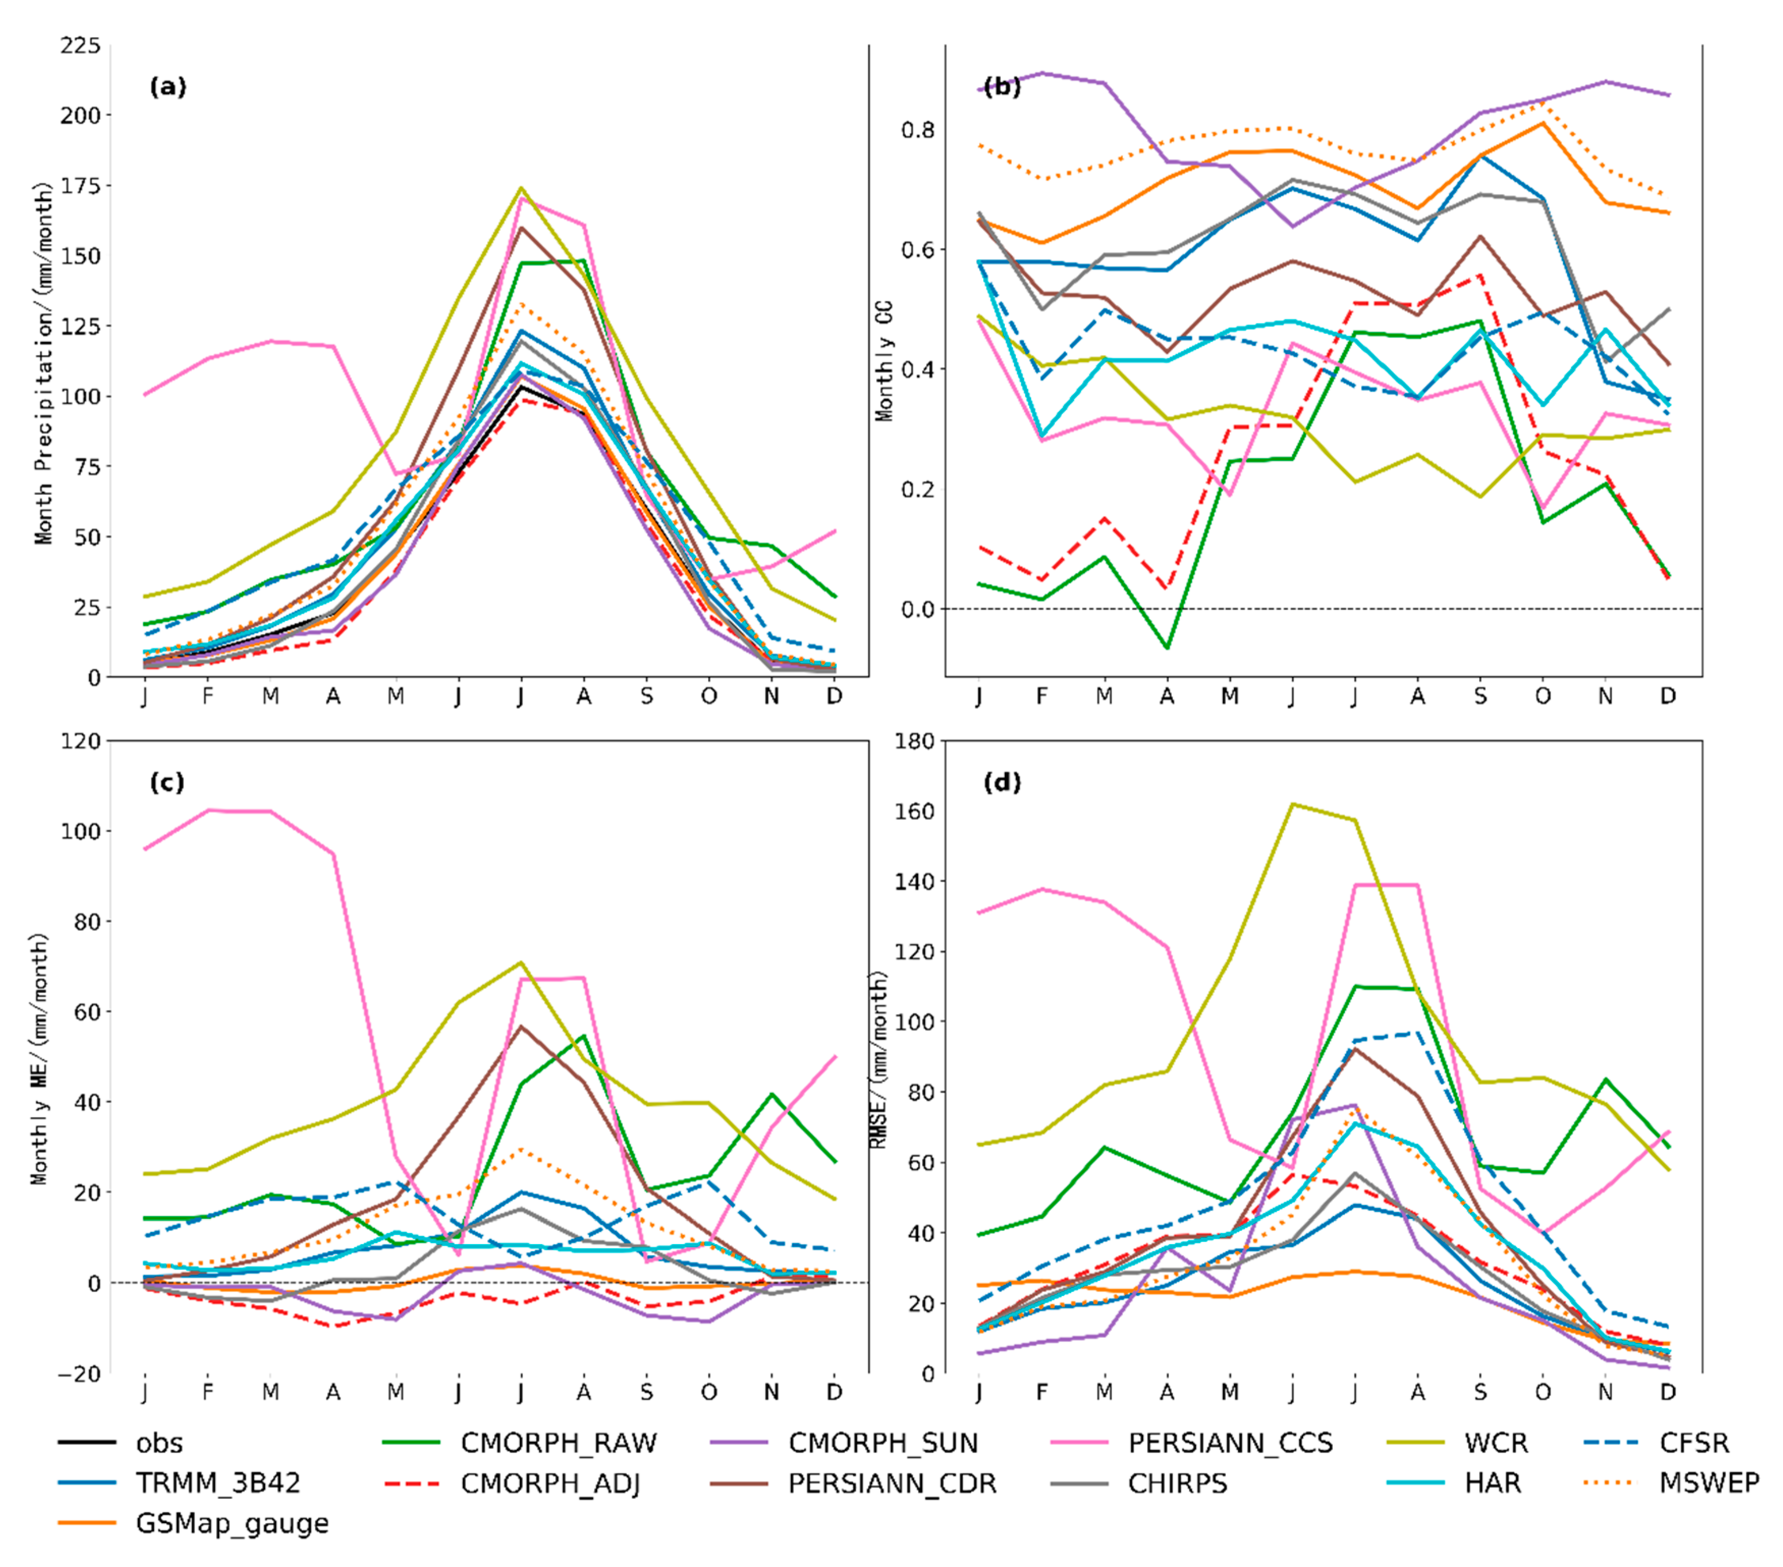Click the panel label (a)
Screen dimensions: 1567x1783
pyautogui.click(x=168, y=87)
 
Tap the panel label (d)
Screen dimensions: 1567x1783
pyautogui.click(x=1001, y=782)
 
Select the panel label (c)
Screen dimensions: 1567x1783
pyautogui.click(x=168, y=782)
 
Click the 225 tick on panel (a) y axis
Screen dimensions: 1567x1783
pyautogui.click(x=80, y=45)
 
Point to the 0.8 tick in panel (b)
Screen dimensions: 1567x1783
pyautogui.click(x=918, y=130)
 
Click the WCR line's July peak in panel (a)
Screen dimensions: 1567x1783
pyautogui.click(x=521, y=187)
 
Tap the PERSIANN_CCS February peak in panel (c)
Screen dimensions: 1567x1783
pyautogui.click(x=208, y=810)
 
